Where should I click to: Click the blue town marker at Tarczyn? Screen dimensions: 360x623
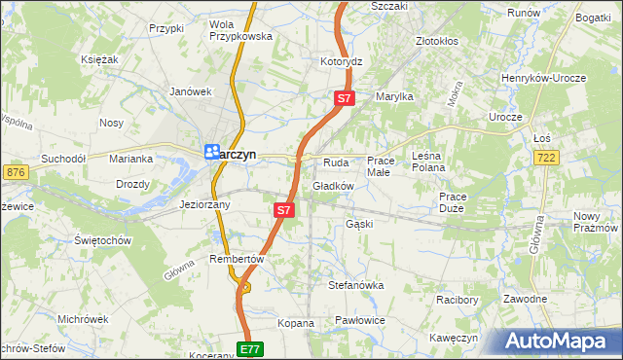[210, 152]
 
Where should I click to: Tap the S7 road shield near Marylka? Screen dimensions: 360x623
[345, 98]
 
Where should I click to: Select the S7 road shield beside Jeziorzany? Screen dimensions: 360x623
[283, 209]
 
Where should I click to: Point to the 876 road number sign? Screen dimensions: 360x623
[15, 172]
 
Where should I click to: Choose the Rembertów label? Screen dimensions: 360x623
[237, 259]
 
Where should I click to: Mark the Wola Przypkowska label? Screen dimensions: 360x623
[238, 30]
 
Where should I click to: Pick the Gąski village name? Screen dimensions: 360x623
[359, 224]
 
